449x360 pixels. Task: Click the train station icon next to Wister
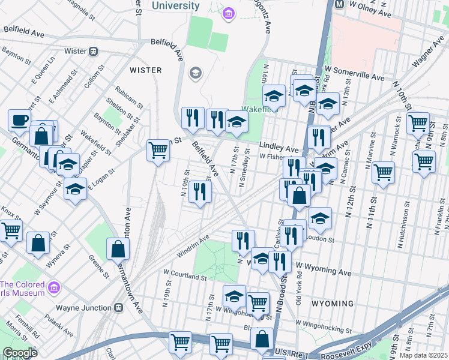click(94, 51)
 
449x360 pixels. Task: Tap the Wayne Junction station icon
click(119, 308)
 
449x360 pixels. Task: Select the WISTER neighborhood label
click(145, 70)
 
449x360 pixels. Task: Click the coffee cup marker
click(19, 119)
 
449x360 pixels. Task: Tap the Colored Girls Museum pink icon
click(54, 289)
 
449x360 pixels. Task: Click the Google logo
click(20, 353)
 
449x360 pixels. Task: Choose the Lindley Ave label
click(279, 148)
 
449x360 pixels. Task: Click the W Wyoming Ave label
click(324, 269)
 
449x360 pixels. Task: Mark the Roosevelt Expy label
click(342, 353)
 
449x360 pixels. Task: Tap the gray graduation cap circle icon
click(195, 74)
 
